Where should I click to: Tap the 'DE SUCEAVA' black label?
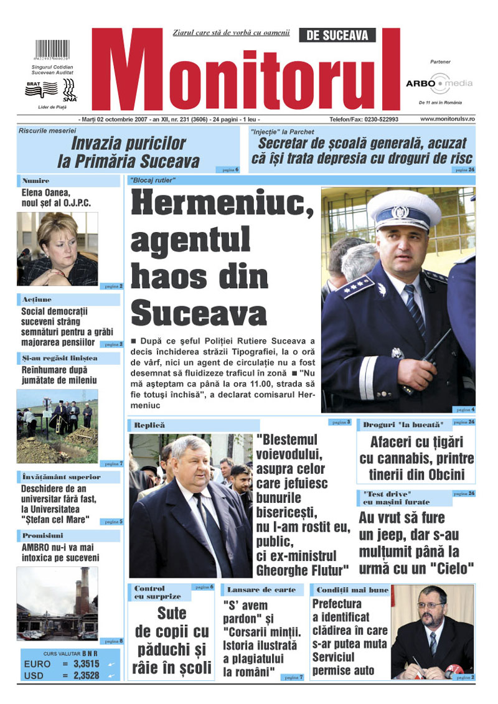pos(337,35)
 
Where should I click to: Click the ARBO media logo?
pos(439,83)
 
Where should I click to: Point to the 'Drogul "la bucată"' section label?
pos(403,425)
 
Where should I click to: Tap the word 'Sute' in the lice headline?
pos(172,613)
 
